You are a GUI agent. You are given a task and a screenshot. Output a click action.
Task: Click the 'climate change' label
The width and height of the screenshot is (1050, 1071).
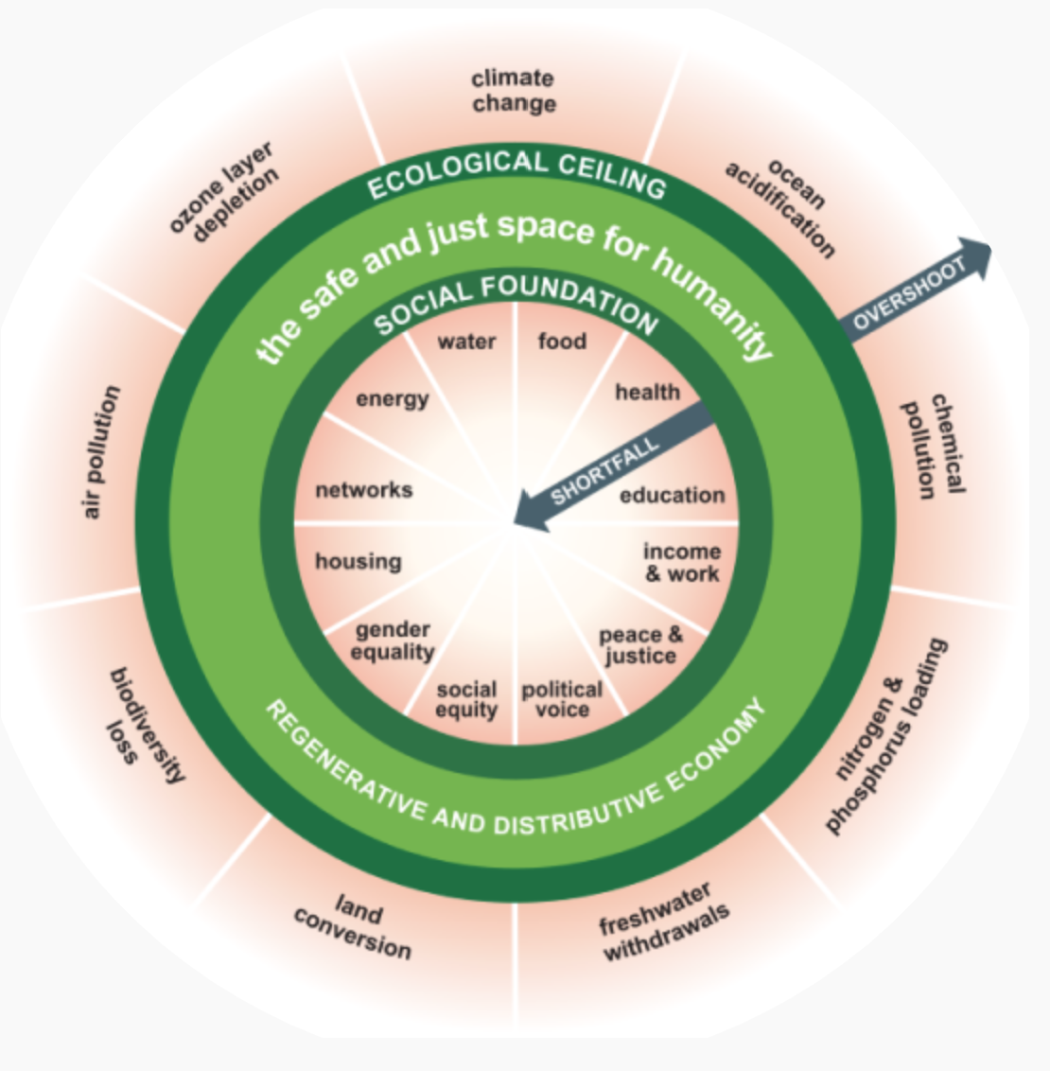[x=514, y=91]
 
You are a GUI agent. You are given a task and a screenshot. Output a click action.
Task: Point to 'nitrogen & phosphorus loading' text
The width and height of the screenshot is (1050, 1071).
[x=885, y=736]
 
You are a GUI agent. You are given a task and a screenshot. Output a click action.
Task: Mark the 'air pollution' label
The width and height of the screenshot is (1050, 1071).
[x=101, y=451]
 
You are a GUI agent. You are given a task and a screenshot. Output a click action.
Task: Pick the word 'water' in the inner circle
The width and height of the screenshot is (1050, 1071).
[x=466, y=342]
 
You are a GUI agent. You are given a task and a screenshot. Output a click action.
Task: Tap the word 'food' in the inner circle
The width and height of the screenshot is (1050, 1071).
[x=562, y=341]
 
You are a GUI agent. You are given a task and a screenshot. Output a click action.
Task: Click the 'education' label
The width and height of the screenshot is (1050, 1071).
[x=672, y=495]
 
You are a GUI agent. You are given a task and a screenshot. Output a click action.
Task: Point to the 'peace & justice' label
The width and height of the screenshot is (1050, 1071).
[x=640, y=645]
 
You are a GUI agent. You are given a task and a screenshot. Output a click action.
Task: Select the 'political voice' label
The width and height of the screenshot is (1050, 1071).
[x=562, y=700]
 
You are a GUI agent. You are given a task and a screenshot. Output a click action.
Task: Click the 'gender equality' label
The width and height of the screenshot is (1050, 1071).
[x=393, y=641]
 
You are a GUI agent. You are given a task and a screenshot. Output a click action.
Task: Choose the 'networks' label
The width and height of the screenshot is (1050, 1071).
[x=364, y=490]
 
